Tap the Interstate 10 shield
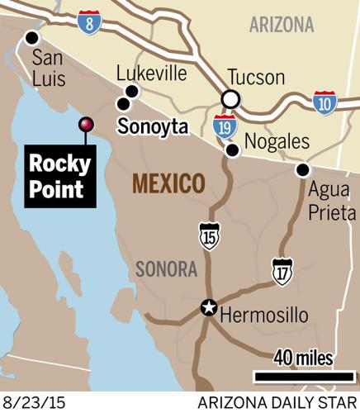[325, 102]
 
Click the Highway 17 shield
[282, 269]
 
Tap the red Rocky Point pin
[84, 124]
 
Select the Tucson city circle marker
[231, 100]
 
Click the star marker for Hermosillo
[210, 309]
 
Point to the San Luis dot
[32, 37]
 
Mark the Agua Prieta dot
[302, 170]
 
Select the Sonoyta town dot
[123, 104]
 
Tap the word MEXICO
[168, 183]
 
